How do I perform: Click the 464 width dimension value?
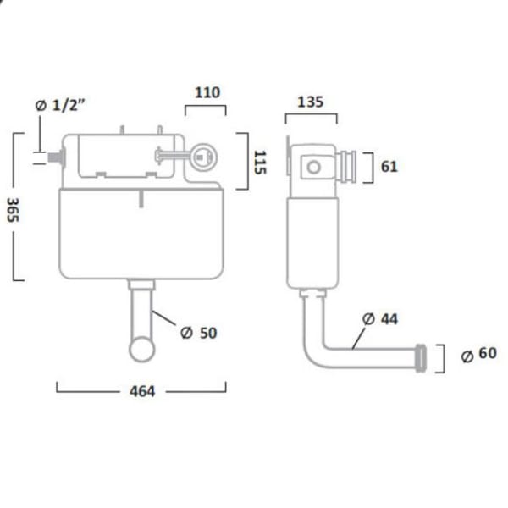point(141,393)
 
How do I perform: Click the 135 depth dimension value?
point(311,102)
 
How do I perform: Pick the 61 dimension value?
point(389,167)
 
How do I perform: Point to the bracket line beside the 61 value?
point(370,167)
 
